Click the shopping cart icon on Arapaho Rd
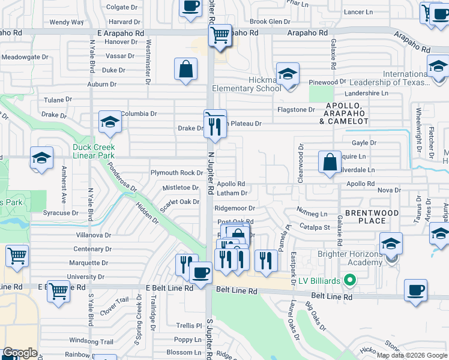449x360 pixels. tap(220, 35)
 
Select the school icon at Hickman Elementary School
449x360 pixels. tap(288, 75)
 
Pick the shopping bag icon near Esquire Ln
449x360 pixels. tap(330, 162)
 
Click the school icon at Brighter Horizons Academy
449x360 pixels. tap(391, 245)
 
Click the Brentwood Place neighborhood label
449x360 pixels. tap(372, 217)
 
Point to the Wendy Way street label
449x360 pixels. tap(67, 22)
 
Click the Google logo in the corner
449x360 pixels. tap(20, 353)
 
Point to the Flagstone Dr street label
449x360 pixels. tap(296, 110)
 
